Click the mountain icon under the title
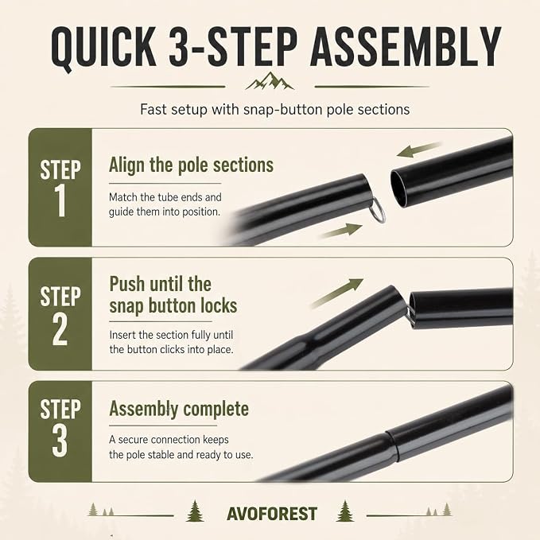(270, 81)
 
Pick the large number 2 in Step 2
(60, 328)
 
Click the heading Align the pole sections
(191, 165)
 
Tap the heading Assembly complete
(179, 409)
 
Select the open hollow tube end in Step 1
(398, 189)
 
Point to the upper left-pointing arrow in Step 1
(418, 150)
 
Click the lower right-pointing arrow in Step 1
(342, 230)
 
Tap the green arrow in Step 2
(337, 293)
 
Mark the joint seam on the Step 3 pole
(391, 445)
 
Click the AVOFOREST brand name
(272, 515)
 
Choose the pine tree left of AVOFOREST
(195, 511)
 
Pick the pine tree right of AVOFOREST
(345, 511)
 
